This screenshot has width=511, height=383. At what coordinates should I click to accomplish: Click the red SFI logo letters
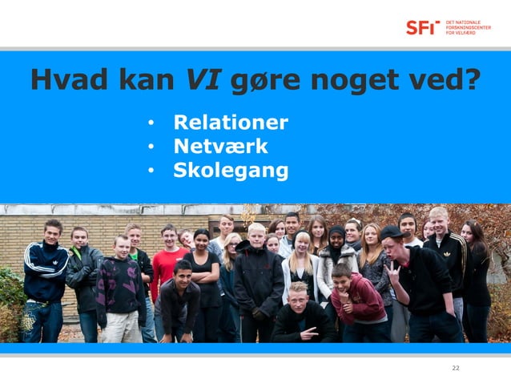coord(422,27)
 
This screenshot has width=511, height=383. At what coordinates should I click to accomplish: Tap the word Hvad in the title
coord(66,80)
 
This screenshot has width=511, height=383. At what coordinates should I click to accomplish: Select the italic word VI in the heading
coord(203,80)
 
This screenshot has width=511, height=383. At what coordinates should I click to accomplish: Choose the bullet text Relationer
coord(231,123)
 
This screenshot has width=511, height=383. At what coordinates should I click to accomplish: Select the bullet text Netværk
coord(220,147)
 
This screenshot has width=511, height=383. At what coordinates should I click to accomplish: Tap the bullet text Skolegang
coord(231,171)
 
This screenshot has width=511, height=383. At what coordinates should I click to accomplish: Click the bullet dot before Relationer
coord(150,124)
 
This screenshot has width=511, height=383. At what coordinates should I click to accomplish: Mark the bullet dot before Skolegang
coord(150,171)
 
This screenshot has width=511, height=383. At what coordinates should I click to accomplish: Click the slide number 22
coord(456,368)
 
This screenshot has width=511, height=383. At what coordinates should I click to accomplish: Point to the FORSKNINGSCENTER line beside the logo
coord(469,27)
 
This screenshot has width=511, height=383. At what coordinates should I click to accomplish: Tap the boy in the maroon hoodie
coord(358,300)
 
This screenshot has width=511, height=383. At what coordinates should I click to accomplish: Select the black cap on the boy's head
coord(391,232)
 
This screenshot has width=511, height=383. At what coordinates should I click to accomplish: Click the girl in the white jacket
coord(301,268)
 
